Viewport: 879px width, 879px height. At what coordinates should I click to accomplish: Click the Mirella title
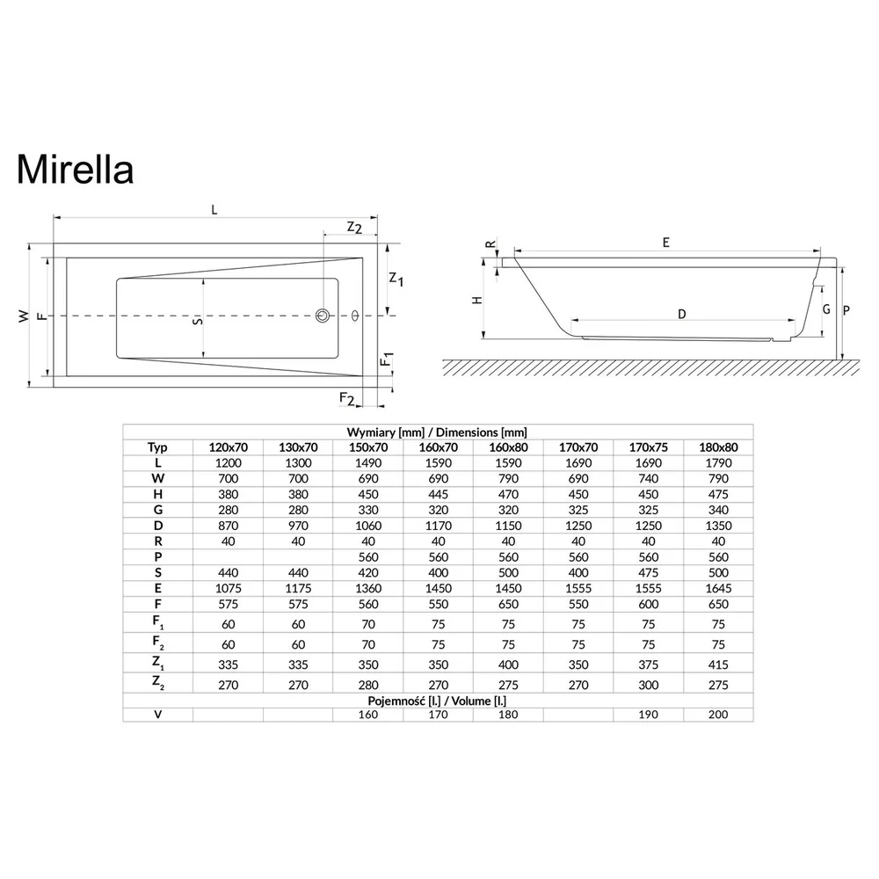(x=75, y=169)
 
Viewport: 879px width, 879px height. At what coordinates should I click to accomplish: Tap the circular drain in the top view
(x=323, y=316)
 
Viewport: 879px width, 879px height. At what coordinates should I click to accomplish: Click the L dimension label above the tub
(x=214, y=210)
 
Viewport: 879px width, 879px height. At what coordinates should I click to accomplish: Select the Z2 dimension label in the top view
(x=354, y=228)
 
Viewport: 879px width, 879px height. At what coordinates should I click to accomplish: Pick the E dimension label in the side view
(x=666, y=243)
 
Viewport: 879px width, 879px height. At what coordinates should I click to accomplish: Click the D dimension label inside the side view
(x=682, y=314)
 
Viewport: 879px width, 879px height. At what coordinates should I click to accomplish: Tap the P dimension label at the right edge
(x=846, y=310)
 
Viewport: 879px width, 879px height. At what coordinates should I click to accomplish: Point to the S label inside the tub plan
(x=197, y=321)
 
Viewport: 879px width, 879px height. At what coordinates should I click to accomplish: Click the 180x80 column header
(x=718, y=447)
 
